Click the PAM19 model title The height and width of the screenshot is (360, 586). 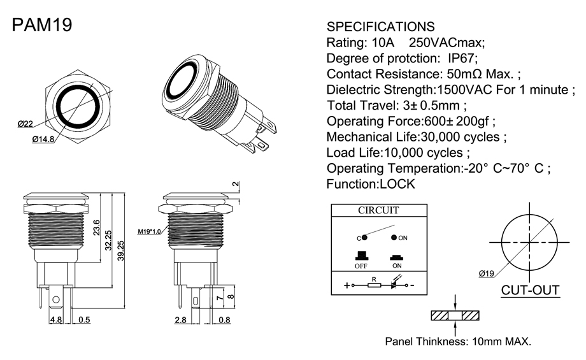(x=42, y=25)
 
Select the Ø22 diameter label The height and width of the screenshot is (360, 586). (x=25, y=124)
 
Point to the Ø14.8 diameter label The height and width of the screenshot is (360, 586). (x=43, y=140)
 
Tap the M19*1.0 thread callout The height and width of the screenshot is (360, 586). (x=149, y=231)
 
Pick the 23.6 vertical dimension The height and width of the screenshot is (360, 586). (x=96, y=227)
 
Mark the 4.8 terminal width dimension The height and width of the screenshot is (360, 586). (x=56, y=320)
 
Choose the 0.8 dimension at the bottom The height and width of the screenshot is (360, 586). (x=224, y=320)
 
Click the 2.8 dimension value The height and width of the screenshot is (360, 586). (x=180, y=320)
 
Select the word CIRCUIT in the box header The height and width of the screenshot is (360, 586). (x=378, y=210)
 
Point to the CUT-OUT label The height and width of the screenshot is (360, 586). (x=530, y=290)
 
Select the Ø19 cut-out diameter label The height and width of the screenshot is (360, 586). (x=486, y=273)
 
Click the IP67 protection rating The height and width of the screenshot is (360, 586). (x=462, y=59)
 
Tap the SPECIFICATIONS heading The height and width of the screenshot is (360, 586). (x=380, y=27)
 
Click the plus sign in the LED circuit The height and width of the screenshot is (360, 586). (x=347, y=285)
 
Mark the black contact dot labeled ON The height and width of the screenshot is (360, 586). (x=394, y=238)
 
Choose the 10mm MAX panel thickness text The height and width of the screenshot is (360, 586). (x=501, y=342)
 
